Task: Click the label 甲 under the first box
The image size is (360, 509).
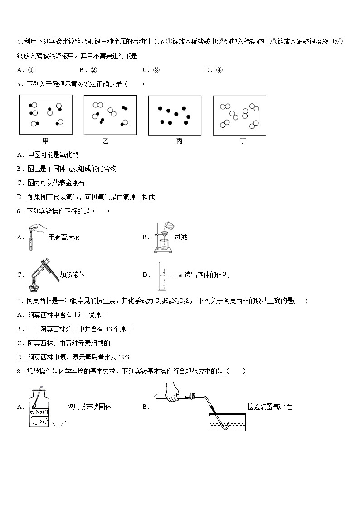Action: pos(45,141)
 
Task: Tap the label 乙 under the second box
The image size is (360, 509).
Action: pos(106,141)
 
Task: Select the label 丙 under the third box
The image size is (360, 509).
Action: pos(179,141)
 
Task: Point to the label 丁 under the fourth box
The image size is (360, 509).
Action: pos(243,141)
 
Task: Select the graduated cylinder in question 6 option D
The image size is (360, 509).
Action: pos(161,276)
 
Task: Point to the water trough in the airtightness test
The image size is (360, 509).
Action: pos(227,422)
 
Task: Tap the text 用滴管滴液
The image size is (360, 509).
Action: pos(67,237)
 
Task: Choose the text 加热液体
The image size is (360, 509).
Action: pos(72,275)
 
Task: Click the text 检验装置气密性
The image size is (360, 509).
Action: pos(269,407)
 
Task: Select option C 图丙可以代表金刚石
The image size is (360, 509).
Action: pos(51,183)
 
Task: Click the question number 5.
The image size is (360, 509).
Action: pos(19,84)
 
